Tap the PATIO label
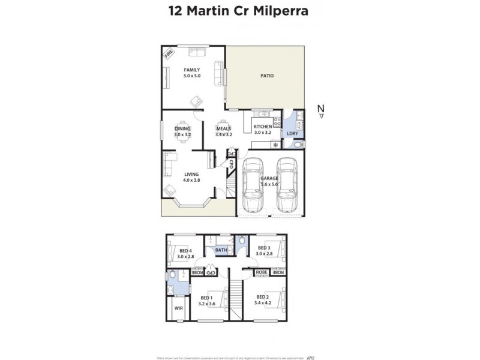click(266, 76)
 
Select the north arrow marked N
click(321, 109)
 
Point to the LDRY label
click(293, 133)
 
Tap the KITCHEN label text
click(263, 127)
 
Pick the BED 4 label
click(185, 251)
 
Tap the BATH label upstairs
click(221, 250)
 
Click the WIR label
click(178, 308)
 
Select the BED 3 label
click(264, 247)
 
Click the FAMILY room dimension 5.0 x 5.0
click(191, 76)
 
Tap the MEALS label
click(224, 128)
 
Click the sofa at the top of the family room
click(196, 52)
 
